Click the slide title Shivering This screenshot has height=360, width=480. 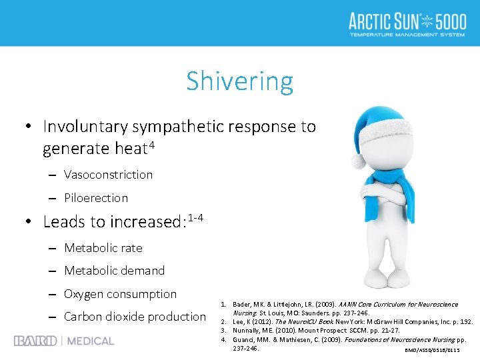[x=239, y=81]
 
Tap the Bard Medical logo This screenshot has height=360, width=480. [x=64, y=341]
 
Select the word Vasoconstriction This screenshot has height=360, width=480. [x=108, y=175]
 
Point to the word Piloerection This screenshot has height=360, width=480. [x=96, y=198]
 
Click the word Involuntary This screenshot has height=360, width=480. [x=85, y=127]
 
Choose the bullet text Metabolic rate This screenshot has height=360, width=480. [x=103, y=248]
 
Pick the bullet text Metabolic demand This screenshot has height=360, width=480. [x=114, y=271]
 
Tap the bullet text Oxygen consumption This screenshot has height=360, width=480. [x=120, y=294]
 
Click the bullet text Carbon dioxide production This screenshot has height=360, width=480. [x=135, y=317]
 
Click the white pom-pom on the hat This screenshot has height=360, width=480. [x=359, y=160]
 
